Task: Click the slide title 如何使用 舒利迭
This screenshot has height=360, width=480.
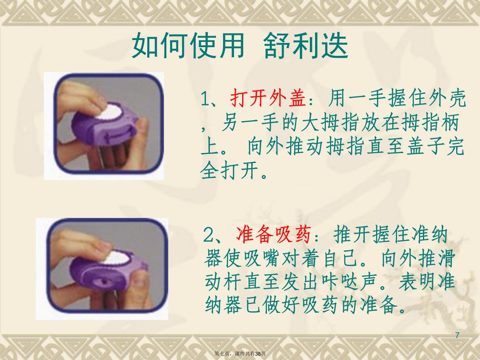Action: [x=240, y=46]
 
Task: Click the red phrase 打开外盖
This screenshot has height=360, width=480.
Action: [x=268, y=98]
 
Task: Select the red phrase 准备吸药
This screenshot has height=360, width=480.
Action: [x=274, y=235]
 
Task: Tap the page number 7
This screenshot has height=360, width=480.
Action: [x=458, y=335]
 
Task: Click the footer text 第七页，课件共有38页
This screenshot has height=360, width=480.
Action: [x=240, y=354]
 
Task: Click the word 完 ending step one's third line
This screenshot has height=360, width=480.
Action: [x=456, y=147]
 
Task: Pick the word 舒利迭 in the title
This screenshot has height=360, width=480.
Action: [x=306, y=46]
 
